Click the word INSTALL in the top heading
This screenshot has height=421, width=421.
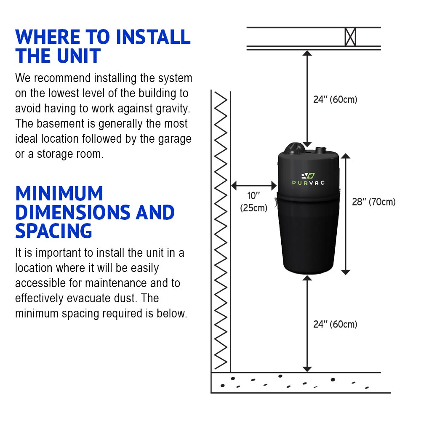[153, 37]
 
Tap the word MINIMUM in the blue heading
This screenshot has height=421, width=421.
[59, 194]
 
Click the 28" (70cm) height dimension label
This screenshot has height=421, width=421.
[373, 202]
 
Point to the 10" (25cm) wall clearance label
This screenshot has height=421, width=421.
[253, 202]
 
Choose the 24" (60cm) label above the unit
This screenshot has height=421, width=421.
[335, 100]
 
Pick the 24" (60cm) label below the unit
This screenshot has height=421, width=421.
[335, 324]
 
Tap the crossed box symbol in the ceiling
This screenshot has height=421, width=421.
[350, 37]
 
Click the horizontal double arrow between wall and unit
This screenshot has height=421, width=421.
[254, 185]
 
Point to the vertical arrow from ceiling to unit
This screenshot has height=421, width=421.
[307, 99]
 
